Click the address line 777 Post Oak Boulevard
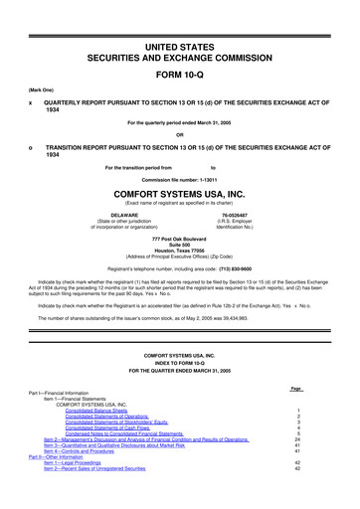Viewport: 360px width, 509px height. coord(180,240)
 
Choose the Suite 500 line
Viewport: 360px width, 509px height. coord(180,247)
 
